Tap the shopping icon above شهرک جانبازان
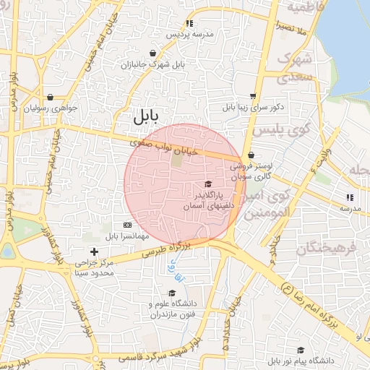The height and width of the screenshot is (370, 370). [153, 53]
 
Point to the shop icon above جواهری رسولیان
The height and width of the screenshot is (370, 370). [50, 97]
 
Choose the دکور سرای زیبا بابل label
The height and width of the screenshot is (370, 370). [254, 107]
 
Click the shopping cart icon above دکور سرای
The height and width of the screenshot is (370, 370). [252, 95]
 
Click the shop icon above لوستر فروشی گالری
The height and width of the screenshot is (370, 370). [251, 155]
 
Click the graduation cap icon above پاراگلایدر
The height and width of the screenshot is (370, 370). [209, 184]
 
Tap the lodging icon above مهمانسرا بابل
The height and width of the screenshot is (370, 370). [128, 225]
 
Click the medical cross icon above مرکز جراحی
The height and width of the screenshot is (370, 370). [94, 251]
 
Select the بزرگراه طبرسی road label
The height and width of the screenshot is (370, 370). [165, 250]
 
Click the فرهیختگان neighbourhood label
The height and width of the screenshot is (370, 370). [327, 249]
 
